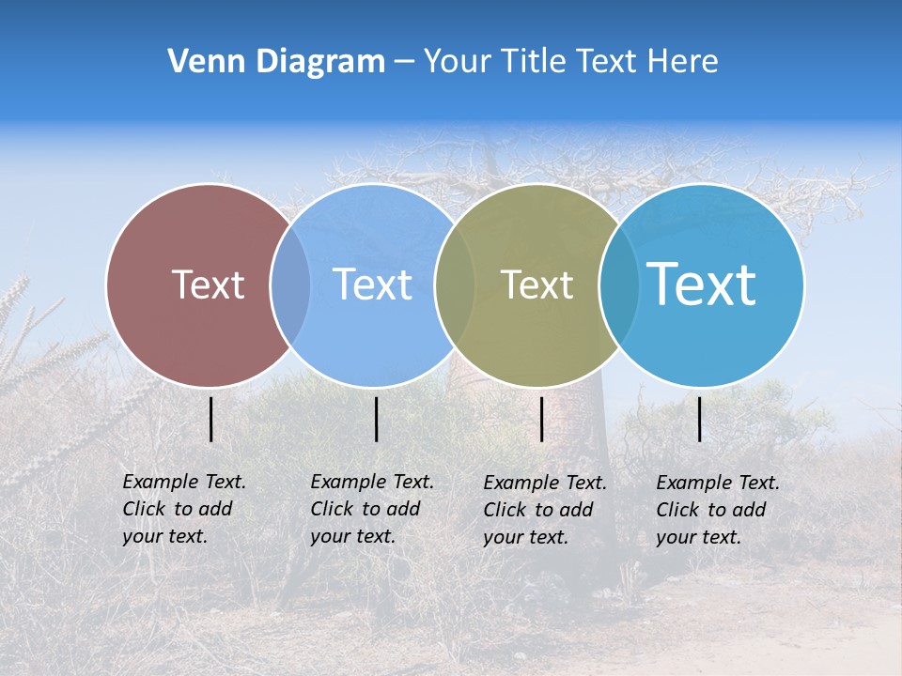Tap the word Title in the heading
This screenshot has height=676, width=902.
[533, 62]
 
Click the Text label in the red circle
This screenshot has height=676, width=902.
[208, 284]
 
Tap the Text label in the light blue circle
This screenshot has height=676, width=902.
[372, 284]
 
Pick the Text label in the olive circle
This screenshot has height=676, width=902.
[537, 284]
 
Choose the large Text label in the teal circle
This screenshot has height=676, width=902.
[701, 284]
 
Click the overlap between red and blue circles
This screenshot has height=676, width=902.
[290, 284]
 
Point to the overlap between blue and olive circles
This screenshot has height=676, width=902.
[455, 284]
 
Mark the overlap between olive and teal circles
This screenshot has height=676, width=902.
[619, 284]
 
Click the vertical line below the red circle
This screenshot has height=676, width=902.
[211, 419]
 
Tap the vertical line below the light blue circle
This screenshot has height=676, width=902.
[376, 419]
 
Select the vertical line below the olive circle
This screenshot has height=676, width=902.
[542, 419]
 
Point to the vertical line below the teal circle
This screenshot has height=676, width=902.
[700, 419]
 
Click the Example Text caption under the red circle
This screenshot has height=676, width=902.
[183, 509]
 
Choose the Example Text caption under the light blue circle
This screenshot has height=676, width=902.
[371, 509]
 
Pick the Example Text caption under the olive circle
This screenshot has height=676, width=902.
[544, 510]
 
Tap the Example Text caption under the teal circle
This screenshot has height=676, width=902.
[717, 510]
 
